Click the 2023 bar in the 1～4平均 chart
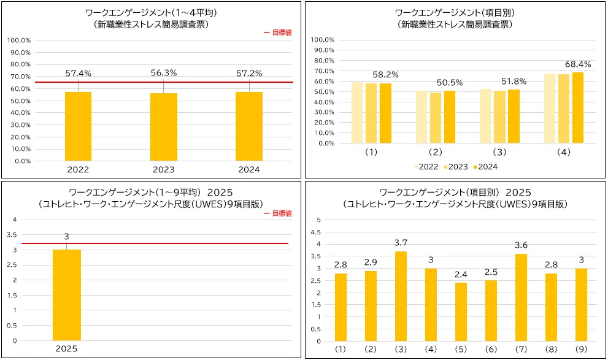163,127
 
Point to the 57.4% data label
78,74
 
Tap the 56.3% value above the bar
163,73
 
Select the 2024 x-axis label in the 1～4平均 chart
249,170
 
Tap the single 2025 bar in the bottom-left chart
66,294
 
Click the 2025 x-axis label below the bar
66,349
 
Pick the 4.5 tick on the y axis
317,232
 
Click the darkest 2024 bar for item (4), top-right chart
578,108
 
